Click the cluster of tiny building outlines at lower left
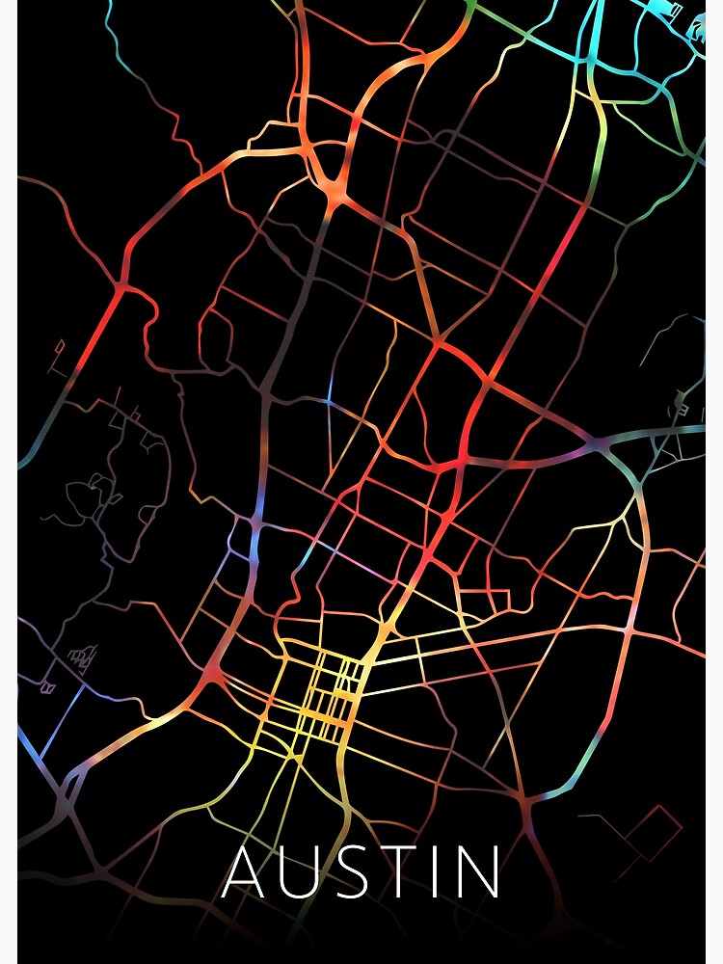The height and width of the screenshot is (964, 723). [x=82, y=658]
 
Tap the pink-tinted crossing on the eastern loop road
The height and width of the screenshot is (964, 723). [x=629, y=631]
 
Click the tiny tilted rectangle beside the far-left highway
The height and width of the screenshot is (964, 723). [x=60, y=344]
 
